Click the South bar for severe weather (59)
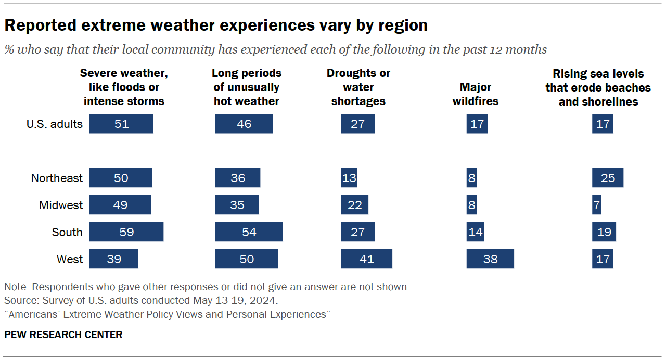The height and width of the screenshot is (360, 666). (126, 232)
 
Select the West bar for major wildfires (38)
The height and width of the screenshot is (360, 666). (490, 259)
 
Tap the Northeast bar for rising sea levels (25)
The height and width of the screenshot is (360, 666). (607, 178)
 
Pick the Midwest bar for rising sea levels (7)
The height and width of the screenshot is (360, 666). (596, 205)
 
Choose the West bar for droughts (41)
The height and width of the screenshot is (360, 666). (366, 259)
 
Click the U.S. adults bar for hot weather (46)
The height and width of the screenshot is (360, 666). (244, 124)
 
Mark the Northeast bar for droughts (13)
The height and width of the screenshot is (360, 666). (349, 178)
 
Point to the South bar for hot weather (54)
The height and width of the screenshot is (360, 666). (249, 232)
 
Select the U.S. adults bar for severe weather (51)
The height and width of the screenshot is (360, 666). (121, 124)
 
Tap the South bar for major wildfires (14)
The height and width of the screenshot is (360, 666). (475, 232)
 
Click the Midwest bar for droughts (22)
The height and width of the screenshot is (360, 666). (354, 205)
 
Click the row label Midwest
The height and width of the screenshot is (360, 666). (61, 205)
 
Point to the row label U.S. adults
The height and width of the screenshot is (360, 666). (55, 124)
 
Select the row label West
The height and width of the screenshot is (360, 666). (69, 259)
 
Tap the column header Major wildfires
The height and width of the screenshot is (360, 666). (475, 94)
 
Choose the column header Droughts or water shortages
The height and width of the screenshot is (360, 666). (358, 87)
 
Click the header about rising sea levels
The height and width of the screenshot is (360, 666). (598, 87)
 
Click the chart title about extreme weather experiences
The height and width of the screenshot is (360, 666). (216, 25)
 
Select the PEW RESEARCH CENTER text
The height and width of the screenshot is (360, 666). (63, 335)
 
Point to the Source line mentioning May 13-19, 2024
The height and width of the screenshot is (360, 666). (140, 301)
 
